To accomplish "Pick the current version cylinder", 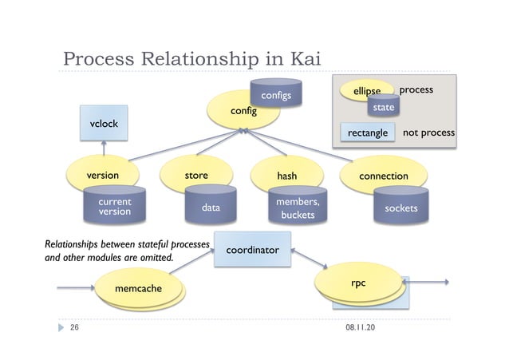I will [114, 207].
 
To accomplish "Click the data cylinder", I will [210, 208].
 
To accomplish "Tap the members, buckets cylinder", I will [297, 208].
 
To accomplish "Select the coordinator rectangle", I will [251, 251].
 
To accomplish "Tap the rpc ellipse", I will [358, 283].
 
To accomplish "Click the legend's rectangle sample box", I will [368, 132].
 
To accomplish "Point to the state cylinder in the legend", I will [384, 106].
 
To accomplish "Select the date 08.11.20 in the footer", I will [362, 328].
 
